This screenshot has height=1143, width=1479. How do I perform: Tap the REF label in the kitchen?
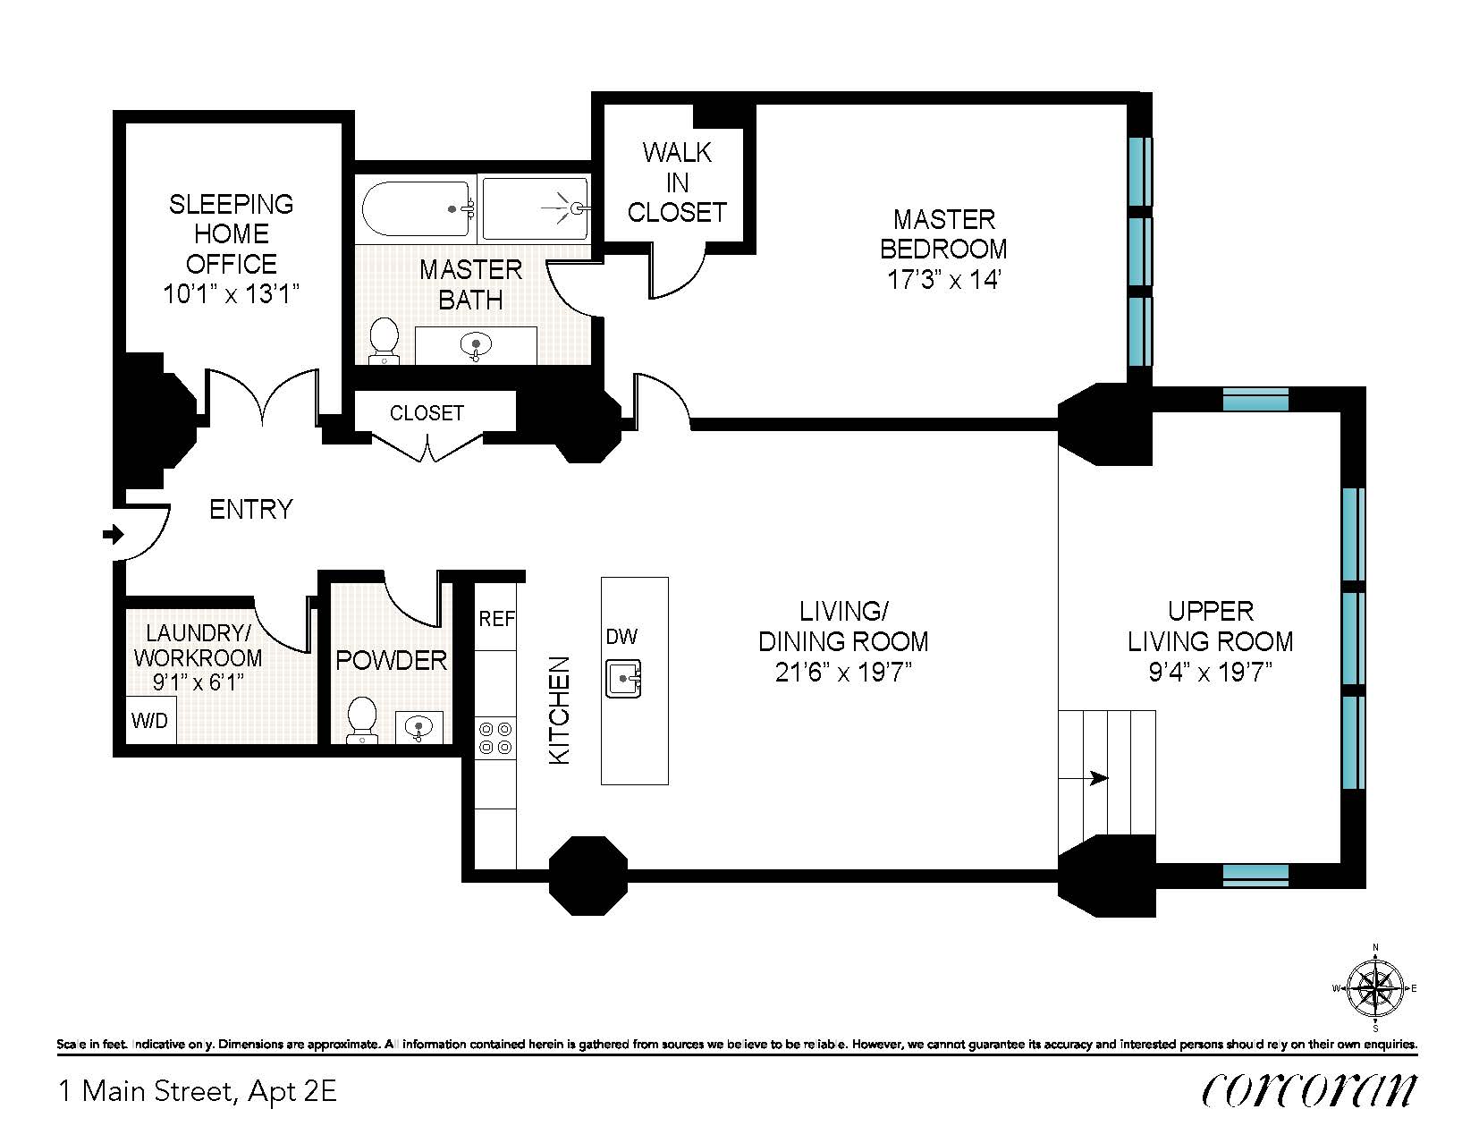coord(496,619)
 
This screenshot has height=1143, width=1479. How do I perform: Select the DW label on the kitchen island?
coord(621,637)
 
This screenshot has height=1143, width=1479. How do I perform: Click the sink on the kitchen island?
coord(623,678)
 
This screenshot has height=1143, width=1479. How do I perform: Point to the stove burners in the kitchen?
coord(495,738)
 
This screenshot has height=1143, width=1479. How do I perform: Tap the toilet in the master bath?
coord(384,341)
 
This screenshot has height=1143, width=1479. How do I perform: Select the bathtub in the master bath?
coord(417,208)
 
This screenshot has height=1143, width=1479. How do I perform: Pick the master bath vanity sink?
coord(476,346)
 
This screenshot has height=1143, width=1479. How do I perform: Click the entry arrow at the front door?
coord(113,535)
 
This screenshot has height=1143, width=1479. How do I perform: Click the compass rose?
coord(1375,988)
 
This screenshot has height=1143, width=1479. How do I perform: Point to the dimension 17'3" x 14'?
coord(943,280)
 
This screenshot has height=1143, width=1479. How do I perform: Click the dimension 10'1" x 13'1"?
coord(232,294)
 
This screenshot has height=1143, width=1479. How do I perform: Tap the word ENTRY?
coord(251,509)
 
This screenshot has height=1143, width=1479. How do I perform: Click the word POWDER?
coord(392,660)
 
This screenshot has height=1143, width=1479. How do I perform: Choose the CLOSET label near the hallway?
coord(427,412)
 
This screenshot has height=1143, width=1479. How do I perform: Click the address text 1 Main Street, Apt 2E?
coord(198,1092)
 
